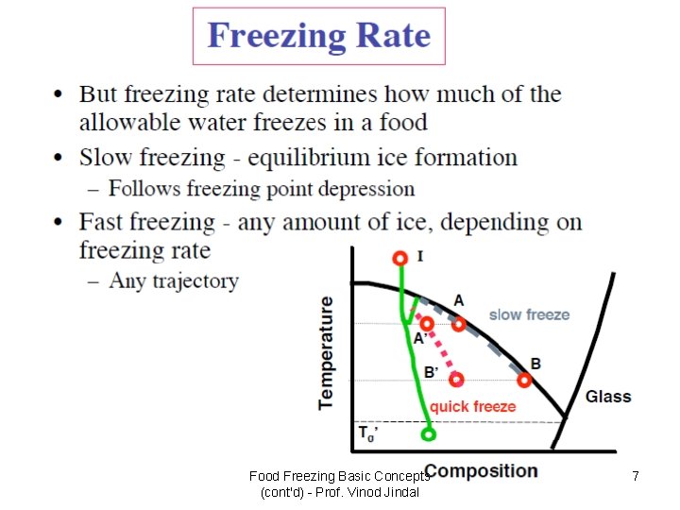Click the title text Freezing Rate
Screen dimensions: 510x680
pos(319,37)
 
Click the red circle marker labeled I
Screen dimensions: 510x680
pos(400,257)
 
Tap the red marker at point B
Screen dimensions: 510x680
pos(524,381)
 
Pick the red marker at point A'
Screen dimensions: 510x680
pos(427,324)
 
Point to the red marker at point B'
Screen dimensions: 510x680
pos(457,380)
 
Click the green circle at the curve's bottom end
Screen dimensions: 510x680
pos(428,435)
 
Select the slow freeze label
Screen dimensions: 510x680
pos(529,314)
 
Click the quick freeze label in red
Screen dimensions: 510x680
pos(473,406)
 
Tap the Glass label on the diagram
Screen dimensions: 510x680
pos(608,397)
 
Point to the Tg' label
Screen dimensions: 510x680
pos(368,434)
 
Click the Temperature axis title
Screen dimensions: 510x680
pos(327,352)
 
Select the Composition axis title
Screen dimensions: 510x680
pos(482,470)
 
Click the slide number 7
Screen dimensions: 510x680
pos(636,477)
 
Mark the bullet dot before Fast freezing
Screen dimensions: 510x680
pos(59,223)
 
